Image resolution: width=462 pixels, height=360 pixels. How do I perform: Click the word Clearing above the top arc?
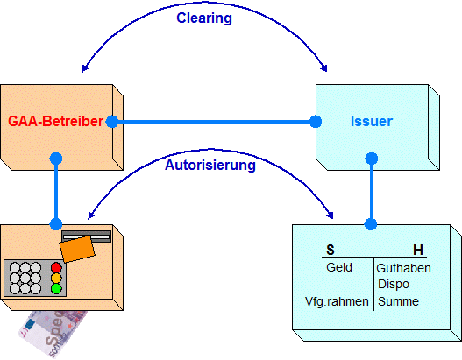point(204,18)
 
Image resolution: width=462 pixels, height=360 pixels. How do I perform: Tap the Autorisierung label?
point(210,166)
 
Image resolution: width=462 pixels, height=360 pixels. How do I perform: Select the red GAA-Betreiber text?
point(55,121)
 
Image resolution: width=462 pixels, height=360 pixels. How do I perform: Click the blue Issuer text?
point(372,121)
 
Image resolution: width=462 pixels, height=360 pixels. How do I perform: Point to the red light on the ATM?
point(56,267)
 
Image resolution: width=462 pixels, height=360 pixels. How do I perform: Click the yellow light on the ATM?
point(56,279)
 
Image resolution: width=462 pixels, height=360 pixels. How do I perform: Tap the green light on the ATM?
point(56,288)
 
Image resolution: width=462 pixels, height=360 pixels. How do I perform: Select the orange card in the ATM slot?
point(77,249)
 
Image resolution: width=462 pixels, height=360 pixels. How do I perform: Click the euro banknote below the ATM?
point(53,334)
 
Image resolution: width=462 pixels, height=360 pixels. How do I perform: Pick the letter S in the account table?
point(331,250)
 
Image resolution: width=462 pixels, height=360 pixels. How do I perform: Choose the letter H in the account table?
point(418,250)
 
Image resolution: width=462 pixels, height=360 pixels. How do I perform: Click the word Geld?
point(339,267)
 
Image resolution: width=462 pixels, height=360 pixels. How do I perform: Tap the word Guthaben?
point(403,268)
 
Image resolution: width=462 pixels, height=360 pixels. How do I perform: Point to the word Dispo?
point(394,284)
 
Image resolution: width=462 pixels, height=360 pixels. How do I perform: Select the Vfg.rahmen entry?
point(337,301)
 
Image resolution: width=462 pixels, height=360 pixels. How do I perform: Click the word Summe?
point(398,301)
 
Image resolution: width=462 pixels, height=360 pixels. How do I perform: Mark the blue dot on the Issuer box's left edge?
point(316,122)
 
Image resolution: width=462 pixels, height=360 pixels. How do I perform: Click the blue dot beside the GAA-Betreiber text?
point(112,122)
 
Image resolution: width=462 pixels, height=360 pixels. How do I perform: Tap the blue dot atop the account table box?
point(371,224)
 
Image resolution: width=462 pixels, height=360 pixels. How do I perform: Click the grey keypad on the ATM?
point(35,278)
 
